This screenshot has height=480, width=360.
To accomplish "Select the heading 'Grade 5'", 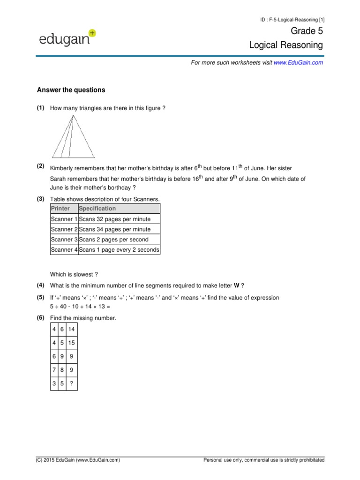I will tap(307, 31).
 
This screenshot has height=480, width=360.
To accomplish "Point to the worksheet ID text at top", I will tap(292, 19).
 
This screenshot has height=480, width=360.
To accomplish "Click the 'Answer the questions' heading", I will tap(71, 90).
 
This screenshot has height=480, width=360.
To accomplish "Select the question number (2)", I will tap(40, 166).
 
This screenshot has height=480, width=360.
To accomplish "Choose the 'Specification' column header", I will tap(97, 209).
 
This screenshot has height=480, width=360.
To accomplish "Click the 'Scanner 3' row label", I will tap(64, 240).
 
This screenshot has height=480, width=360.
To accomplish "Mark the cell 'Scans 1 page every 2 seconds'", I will tap(119, 250).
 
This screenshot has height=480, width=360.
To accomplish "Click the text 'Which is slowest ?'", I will tap(74, 274).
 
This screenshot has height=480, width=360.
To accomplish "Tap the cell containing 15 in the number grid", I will tap(71, 343).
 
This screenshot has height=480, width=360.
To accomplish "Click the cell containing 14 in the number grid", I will tap(71, 329).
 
